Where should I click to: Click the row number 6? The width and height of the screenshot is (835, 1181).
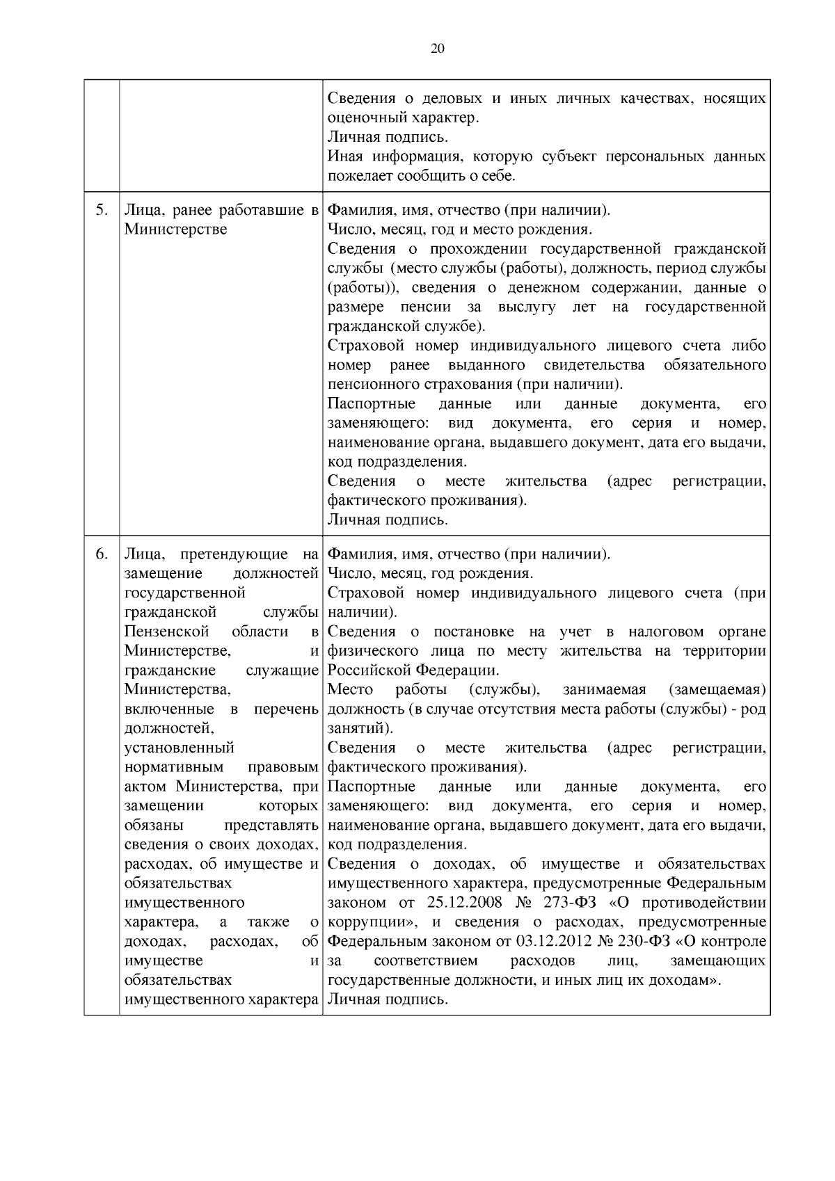(x=102, y=554)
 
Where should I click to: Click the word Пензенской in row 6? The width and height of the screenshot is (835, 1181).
(x=166, y=632)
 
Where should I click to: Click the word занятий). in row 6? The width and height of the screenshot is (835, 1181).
(x=360, y=729)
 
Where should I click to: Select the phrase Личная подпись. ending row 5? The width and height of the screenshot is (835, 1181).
(x=388, y=520)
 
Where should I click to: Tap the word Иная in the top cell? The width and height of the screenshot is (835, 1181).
(x=344, y=156)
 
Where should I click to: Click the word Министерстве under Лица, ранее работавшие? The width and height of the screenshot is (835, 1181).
(x=175, y=229)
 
